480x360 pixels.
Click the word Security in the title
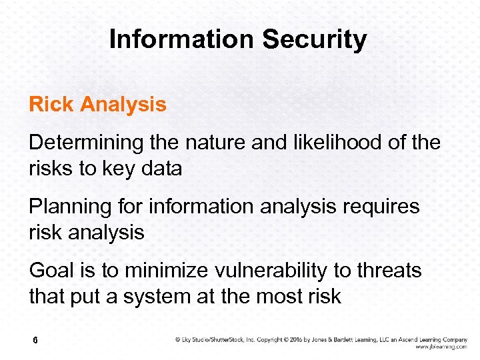pyautogui.click(x=314, y=40)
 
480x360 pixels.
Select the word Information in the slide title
pyautogui.click(x=182, y=39)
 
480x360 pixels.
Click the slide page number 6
pyautogui.click(x=34, y=341)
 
